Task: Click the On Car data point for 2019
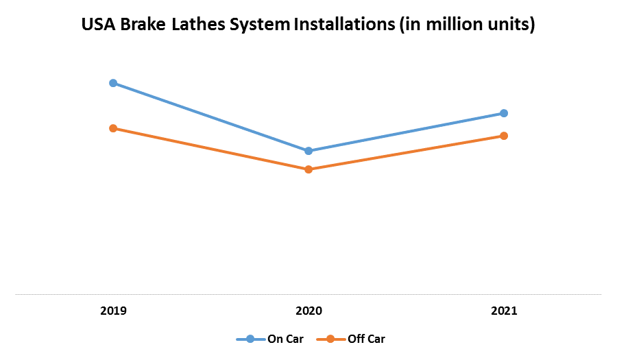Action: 113,83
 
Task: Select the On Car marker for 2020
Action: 308,151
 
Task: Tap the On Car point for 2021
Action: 504,113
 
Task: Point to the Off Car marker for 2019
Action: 113,128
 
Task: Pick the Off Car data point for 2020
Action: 308,169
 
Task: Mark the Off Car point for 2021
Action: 504,136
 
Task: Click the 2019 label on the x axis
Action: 113,311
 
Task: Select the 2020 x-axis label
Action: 308,311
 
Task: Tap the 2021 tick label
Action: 504,311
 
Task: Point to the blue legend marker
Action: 250,339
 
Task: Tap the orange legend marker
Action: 330,339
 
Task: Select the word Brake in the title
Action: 143,25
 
